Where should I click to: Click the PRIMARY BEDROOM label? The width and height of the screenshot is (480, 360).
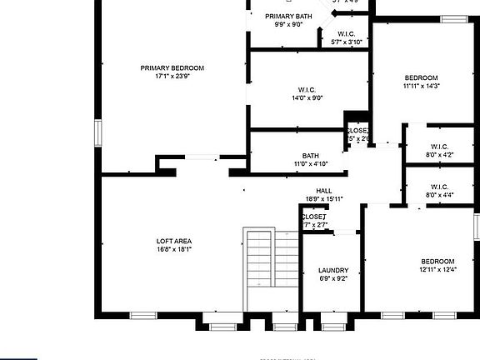172,68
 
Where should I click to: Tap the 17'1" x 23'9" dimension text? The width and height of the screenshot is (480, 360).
172,77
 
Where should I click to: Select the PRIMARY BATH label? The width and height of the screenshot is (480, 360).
288,17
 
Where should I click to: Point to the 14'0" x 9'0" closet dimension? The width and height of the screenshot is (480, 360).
307,98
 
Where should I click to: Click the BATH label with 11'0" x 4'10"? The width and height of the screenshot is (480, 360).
311,155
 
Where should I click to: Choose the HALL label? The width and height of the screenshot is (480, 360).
324,191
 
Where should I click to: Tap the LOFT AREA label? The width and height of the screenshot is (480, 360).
173,241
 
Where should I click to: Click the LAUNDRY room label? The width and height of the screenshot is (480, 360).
333,270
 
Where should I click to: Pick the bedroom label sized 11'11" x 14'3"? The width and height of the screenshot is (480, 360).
420,77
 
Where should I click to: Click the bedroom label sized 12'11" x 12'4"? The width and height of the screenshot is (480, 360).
437,261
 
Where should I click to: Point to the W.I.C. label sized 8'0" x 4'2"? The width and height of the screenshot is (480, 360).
439,146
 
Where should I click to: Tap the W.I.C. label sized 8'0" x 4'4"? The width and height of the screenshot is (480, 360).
439,187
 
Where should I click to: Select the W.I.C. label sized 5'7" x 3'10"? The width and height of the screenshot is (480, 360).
347,34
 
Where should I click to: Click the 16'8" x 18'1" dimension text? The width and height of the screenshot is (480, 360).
173,249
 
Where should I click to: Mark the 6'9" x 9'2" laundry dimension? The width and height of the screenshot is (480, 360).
333,278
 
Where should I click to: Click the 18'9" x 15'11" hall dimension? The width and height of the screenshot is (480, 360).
324,199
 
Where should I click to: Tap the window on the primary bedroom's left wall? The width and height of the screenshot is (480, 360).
97,132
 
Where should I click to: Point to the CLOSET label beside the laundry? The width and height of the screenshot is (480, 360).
313,217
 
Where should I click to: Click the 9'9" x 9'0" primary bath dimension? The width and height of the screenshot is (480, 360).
288,25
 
